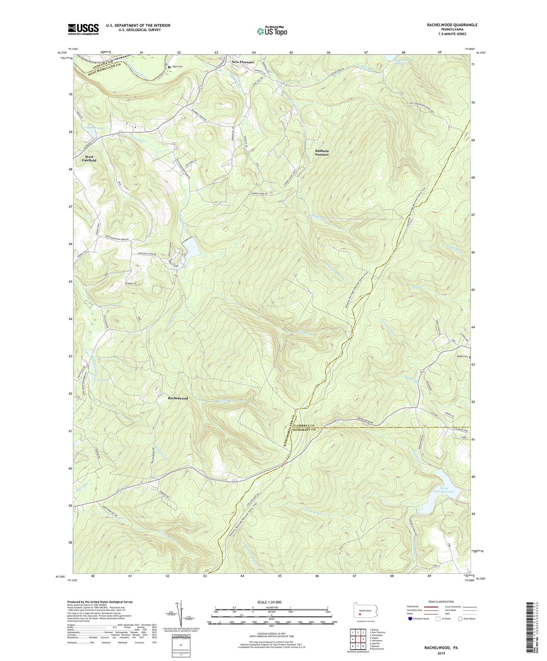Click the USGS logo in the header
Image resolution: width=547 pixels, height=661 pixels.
click(x=83, y=29)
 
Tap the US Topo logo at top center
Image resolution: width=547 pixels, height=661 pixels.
click(x=271, y=31)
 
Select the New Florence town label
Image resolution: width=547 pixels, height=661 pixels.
click(x=243, y=62)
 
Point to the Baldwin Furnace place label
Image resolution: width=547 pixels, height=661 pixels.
click(x=322, y=153)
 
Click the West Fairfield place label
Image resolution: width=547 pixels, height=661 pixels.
click(x=90, y=158)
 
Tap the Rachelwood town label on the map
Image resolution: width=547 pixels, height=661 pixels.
click(x=178, y=398)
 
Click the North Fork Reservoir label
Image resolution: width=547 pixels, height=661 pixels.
click(x=443, y=490)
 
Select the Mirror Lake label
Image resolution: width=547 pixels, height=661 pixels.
click(x=95, y=128)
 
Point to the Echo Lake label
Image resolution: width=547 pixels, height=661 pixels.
click(x=90, y=380)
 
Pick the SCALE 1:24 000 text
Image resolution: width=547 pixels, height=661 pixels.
click(x=271, y=602)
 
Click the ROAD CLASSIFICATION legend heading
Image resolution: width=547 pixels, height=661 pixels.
click(x=441, y=602)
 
